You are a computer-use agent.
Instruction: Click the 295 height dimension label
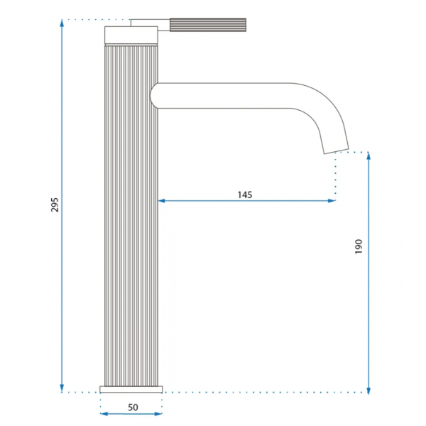(55, 204)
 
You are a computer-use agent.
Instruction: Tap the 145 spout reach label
(245, 195)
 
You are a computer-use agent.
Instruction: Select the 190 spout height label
(359, 246)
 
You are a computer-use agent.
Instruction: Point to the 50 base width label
(133, 408)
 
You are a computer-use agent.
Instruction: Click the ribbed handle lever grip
(208, 25)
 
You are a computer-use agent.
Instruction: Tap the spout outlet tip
(336, 151)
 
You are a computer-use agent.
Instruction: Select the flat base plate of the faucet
(131, 389)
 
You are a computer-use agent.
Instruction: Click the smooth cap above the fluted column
(131, 35)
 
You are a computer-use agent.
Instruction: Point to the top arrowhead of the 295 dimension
(62, 23)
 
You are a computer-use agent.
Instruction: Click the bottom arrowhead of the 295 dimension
(62, 389)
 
